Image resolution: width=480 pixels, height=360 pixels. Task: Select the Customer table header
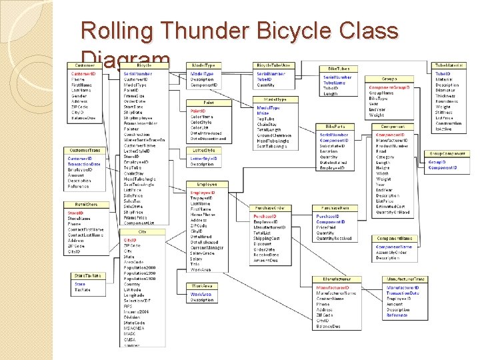(x=85, y=65)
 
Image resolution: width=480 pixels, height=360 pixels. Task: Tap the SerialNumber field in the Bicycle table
(x=138, y=73)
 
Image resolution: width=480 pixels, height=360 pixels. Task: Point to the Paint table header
(x=209, y=103)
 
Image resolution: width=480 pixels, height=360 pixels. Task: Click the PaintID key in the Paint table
(x=199, y=111)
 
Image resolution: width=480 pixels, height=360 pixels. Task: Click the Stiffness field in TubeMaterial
(x=444, y=112)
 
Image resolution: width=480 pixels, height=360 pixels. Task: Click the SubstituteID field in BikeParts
(x=334, y=146)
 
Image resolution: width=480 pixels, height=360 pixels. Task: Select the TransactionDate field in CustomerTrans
(x=84, y=164)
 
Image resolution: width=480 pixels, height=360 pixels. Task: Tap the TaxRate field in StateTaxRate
(x=83, y=290)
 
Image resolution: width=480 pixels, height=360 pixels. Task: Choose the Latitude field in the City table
(x=133, y=290)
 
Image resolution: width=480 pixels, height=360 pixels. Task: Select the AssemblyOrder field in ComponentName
(x=393, y=253)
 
